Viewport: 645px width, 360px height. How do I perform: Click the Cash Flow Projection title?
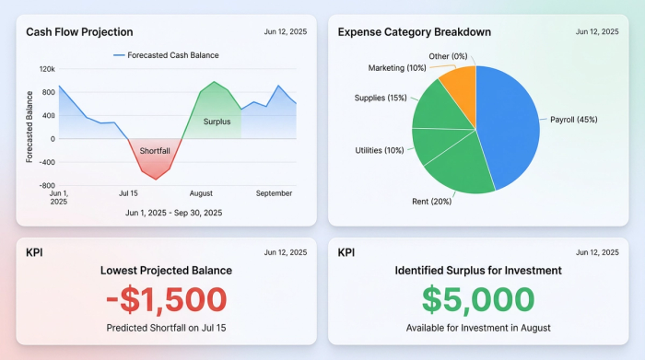[x=79, y=32]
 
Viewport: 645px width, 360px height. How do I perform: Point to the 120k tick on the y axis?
[x=46, y=69]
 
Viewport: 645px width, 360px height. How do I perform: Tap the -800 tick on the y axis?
[x=44, y=185]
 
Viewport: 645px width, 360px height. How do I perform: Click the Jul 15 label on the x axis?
[x=128, y=193]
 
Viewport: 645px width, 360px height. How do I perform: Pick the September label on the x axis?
[x=274, y=193]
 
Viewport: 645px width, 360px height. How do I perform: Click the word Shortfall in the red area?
[x=155, y=151]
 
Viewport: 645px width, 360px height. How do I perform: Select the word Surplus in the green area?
[x=217, y=121]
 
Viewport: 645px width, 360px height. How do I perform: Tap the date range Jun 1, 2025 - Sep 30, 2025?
[x=173, y=213]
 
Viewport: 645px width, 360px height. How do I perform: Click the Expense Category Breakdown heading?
[x=414, y=32]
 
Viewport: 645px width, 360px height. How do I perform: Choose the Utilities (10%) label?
[x=380, y=150]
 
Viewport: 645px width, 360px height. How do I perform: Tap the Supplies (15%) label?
[x=381, y=98]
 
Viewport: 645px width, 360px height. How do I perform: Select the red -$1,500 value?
[x=165, y=299]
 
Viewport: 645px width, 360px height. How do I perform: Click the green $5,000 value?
[x=478, y=299]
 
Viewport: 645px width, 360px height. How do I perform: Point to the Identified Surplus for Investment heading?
[x=478, y=271]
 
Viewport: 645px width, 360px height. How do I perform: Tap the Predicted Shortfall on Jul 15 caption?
[x=165, y=328]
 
